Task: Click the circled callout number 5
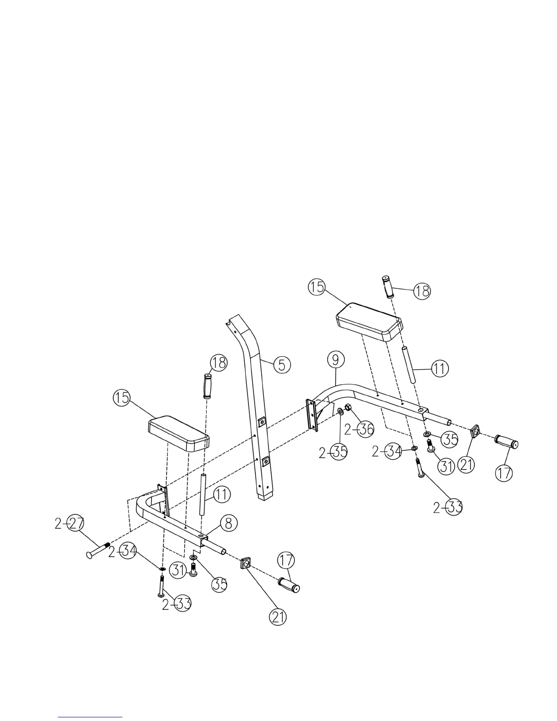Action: tap(283, 365)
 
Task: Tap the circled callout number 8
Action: tap(228, 523)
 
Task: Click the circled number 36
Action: tap(365, 429)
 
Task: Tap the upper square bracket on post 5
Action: tap(262, 423)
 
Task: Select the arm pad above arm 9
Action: tap(370, 322)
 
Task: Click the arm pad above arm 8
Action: tap(179, 432)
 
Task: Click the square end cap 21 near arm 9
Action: tap(476, 430)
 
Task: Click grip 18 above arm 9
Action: tap(388, 287)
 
